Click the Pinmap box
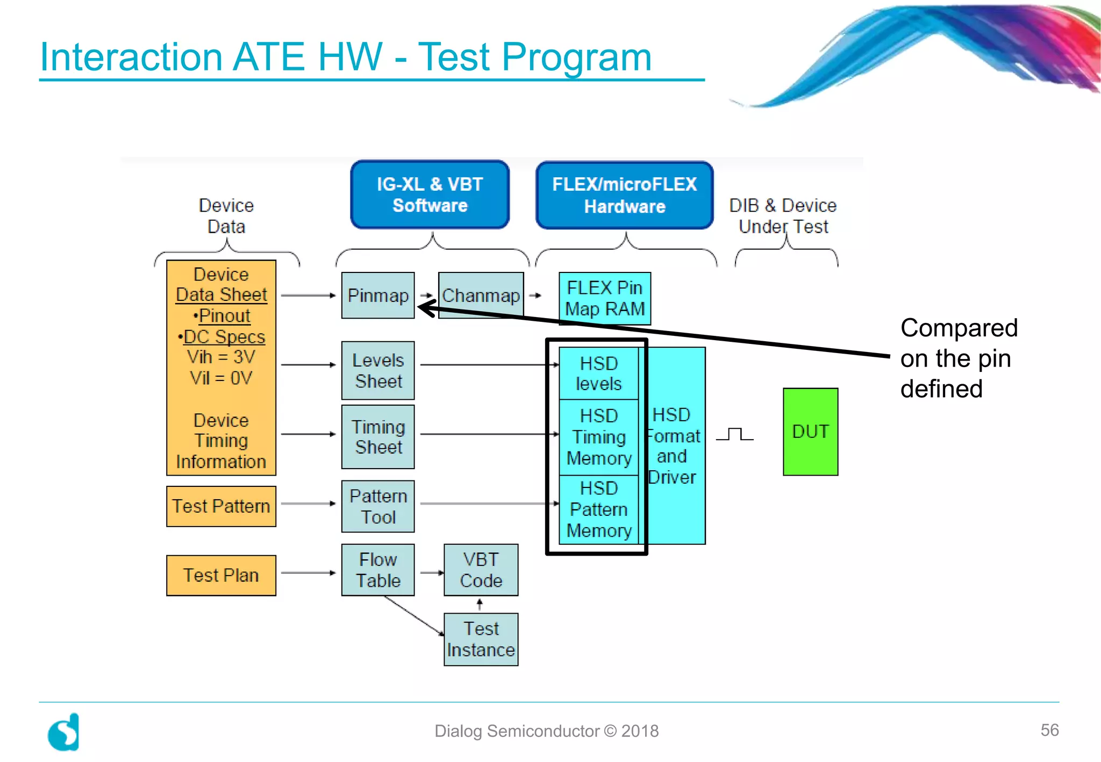(378, 296)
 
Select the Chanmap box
(481, 296)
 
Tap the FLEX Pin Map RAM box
(604, 298)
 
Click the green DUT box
(810, 432)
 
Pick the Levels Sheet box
(378, 370)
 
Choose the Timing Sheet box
(378, 436)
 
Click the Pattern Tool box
(378, 506)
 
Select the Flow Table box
(378, 570)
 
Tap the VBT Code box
(481, 570)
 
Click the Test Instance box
(481, 639)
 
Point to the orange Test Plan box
(221, 575)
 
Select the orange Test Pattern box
(221, 506)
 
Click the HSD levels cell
(598, 373)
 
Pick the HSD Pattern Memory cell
(598, 509)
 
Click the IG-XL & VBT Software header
(430, 195)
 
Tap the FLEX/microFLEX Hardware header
(624, 195)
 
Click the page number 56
(1049, 730)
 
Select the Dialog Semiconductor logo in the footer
(64, 732)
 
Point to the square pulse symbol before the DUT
(735, 434)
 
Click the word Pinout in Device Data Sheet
(224, 315)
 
